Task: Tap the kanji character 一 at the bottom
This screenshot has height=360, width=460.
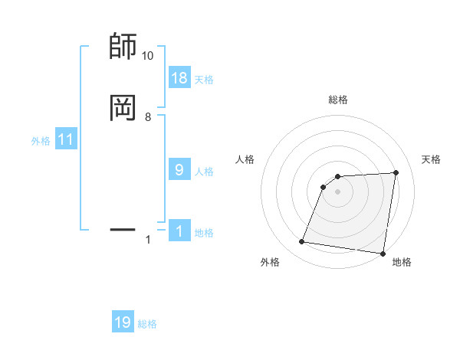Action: pos(123,228)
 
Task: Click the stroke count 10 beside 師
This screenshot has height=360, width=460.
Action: pos(147,56)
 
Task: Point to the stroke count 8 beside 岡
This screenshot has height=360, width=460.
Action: pos(148,116)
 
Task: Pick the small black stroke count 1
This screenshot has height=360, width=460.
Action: pos(148,240)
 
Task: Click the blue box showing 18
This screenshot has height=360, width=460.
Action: pos(179,78)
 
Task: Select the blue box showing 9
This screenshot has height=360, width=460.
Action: pos(179,170)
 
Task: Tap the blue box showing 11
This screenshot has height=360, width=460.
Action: pos(66,140)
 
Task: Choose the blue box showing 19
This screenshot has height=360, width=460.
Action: pos(123,322)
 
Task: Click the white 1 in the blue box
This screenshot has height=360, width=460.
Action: pos(179,231)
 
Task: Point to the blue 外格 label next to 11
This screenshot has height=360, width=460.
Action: pos(41,141)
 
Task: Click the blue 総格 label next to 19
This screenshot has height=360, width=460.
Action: pos(147,324)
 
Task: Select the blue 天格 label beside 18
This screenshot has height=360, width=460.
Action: pos(204,79)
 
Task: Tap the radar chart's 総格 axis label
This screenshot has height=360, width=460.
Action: pos(337,100)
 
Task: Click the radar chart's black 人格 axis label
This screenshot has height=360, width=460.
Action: pos(245,159)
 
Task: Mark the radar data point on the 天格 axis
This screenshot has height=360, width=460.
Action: pos(396,172)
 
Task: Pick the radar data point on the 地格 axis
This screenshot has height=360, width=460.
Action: pos(382,254)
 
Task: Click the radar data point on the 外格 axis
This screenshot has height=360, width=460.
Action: pos(302,242)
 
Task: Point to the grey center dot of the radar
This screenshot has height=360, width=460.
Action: pos(337,191)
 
